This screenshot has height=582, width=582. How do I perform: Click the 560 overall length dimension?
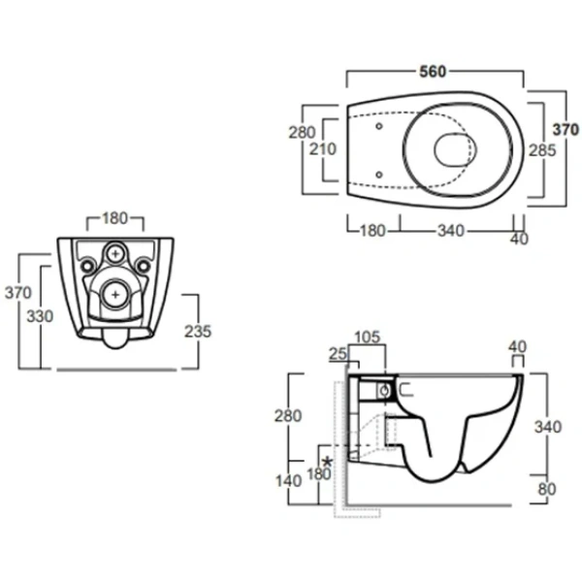point(433,71)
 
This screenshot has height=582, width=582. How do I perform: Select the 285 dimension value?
point(542,150)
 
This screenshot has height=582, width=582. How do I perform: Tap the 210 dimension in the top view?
point(323,148)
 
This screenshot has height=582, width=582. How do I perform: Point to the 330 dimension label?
point(40,316)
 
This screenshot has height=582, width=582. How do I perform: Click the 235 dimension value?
point(198,332)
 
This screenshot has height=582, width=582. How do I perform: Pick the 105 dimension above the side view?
point(367,337)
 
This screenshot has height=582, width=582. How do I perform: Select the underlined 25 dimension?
point(338,354)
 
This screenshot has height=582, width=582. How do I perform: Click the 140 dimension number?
point(288,481)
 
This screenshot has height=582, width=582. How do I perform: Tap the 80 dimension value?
point(547,489)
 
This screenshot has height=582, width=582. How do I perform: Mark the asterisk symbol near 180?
point(328,462)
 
